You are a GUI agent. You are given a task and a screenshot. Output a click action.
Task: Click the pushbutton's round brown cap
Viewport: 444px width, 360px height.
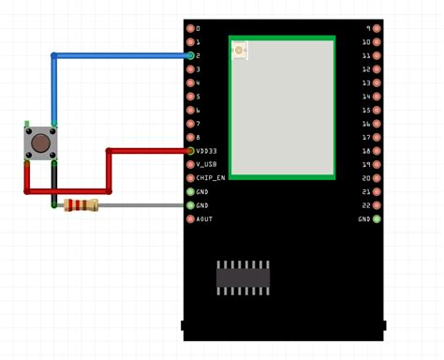(x=41, y=142)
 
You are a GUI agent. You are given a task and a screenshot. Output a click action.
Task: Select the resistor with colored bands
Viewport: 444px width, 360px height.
(x=81, y=205)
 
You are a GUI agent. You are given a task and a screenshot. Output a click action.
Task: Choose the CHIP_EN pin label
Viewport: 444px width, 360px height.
(x=210, y=178)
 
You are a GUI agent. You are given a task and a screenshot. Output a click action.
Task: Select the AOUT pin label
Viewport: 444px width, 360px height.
(x=204, y=218)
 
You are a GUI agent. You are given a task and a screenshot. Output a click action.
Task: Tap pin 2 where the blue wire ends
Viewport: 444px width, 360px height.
(x=190, y=55)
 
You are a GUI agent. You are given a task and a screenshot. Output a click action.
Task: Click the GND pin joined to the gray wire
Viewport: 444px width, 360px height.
(x=190, y=205)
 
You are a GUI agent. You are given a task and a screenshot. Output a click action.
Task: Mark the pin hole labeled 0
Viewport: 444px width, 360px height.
(x=190, y=28)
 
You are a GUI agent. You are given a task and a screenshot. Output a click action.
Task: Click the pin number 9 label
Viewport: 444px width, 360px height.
(x=367, y=28)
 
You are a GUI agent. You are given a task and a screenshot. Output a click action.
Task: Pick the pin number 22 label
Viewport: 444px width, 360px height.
(x=365, y=205)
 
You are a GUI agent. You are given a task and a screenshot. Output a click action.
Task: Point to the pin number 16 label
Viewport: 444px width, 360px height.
(x=365, y=151)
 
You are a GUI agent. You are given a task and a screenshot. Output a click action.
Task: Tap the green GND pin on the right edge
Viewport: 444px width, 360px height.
(x=377, y=218)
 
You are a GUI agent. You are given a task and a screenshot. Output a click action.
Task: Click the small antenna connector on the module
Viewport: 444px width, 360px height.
(x=240, y=50)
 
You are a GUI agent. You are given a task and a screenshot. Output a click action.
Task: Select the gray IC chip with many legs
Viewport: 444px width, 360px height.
(x=244, y=277)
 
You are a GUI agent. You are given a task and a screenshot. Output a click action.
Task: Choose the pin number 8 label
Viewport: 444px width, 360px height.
(x=198, y=137)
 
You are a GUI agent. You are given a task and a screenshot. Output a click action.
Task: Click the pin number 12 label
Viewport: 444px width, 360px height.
(x=365, y=69)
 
